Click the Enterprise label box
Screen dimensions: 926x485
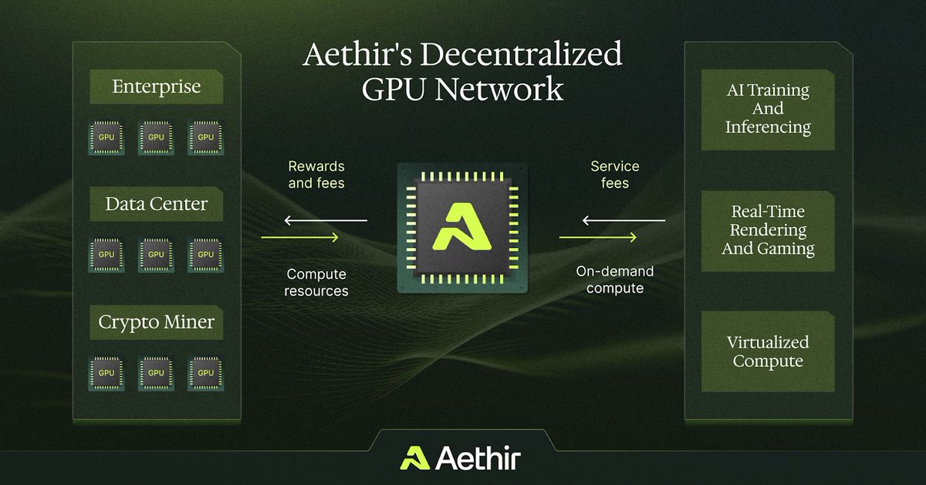click(156, 86)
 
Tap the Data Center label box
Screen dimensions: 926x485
click(156, 205)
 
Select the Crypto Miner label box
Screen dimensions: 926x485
click(156, 323)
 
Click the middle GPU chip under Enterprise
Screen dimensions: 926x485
click(156, 137)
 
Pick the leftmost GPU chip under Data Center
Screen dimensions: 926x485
click(106, 254)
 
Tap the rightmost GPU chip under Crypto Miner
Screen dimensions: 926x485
click(205, 372)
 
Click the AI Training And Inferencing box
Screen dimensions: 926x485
click(768, 108)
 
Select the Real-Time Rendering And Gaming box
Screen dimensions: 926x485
click(768, 230)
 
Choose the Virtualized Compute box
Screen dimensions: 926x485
click(768, 351)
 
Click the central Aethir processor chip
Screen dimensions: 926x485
click(461, 228)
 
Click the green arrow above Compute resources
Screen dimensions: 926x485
click(300, 237)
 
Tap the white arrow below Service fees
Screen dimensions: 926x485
click(623, 222)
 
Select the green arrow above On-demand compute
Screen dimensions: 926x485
click(598, 237)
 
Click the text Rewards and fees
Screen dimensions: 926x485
click(316, 175)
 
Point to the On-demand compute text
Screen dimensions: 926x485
click(615, 280)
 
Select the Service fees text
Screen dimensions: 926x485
click(615, 175)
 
